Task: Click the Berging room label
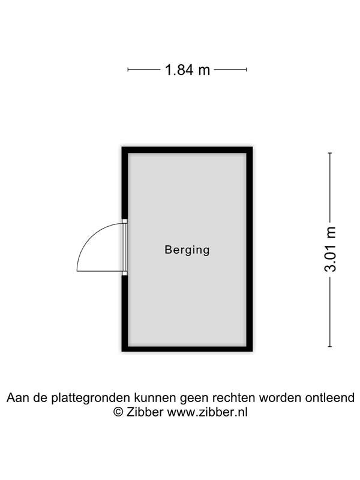[187, 250]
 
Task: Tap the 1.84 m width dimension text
[187, 70]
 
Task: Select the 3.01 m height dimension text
[331, 249]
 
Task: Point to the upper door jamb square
[125, 221]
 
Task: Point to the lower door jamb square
[125, 274]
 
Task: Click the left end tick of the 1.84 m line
[128, 70]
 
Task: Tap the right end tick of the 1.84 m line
[246, 70]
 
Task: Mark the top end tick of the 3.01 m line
[330, 153]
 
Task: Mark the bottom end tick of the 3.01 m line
[330, 347]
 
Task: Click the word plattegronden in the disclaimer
[91, 398]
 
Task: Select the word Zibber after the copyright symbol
[145, 412]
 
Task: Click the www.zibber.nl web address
[207, 412]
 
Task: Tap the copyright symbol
[118, 412]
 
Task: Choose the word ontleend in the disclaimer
[329, 398]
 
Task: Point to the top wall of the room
[187, 150]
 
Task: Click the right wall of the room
[250, 249]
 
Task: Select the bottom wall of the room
[187, 349]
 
